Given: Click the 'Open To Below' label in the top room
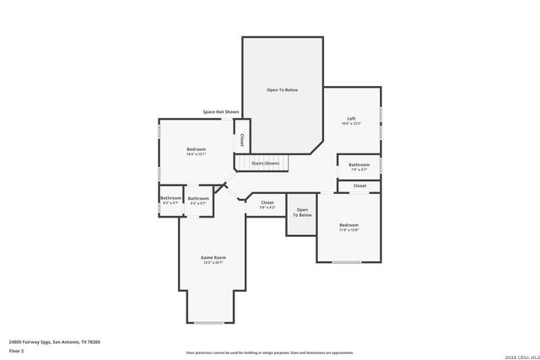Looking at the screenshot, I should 282,89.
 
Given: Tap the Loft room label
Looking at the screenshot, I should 351,118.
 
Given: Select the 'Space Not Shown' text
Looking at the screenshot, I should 221,111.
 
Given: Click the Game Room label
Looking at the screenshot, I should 213,257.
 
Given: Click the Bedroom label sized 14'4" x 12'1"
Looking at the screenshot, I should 197,149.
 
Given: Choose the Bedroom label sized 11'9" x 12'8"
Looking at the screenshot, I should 348,225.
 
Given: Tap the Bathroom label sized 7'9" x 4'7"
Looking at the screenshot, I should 359,164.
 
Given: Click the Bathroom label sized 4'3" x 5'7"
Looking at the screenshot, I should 170,198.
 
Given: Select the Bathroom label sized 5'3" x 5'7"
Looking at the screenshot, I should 198,198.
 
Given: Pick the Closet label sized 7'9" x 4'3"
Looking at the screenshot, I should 267,202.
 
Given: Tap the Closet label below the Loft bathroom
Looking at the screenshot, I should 359,185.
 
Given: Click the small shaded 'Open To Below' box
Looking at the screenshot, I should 302,212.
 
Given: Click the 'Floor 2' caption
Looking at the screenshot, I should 17,350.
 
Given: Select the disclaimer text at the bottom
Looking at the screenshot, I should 269,352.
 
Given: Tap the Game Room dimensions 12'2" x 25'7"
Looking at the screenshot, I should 213,263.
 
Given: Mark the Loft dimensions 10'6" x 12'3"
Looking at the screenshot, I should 351,124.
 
